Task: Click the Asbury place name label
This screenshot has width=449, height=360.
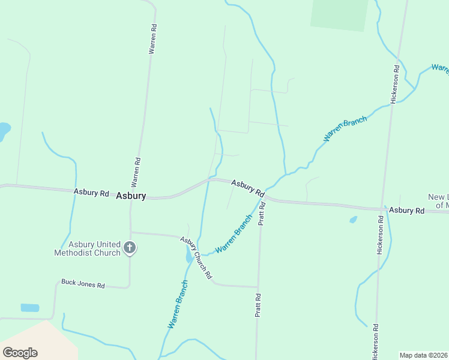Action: click(x=131, y=196)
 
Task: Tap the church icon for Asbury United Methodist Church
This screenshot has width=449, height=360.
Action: click(x=129, y=247)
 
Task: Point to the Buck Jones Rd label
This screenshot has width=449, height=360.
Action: click(x=83, y=284)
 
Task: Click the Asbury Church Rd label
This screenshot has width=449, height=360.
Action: click(x=197, y=257)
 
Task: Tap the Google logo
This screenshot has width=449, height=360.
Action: click(x=20, y=353)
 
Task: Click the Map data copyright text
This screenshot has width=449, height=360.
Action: click(x=424, y=355)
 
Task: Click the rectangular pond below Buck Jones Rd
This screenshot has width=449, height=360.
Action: click(x=29, y=308)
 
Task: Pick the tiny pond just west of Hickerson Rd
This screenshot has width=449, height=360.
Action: click(x=353, y=220)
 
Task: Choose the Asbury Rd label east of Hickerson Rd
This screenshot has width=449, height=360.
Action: click(x=406, y=211)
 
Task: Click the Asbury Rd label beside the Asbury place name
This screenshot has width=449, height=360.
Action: click(x=91, y=193)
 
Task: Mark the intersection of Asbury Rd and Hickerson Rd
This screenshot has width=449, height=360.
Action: click(x=382, y=209)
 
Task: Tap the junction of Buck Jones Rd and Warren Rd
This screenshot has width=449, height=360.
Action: click(x=130, y=287)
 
